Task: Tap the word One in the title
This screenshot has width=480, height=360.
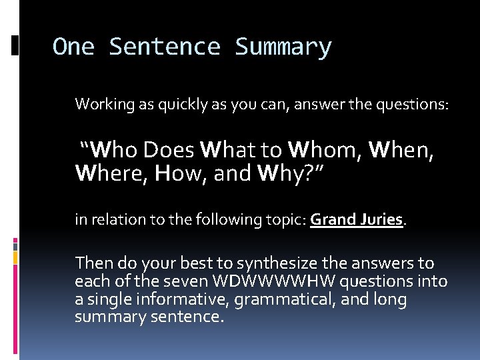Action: [x=73, y=47]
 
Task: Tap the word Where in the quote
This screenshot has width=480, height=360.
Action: [x=111, y=173]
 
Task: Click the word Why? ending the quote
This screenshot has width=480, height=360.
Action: [x=290, y=173]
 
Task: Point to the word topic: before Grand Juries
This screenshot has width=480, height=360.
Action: [x=286, y=220]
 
